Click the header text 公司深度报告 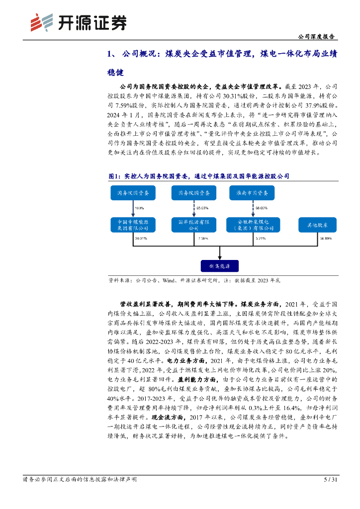tap(315, 37)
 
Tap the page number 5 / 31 tap(330, 480)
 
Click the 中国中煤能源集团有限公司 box tap(133, 225)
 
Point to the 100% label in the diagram tap(139, 208)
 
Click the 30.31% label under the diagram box tap(141, 239)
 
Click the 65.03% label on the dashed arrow tap(202, 208)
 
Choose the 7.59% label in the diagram tap(203, 239)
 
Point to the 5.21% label tap(261, 239)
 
